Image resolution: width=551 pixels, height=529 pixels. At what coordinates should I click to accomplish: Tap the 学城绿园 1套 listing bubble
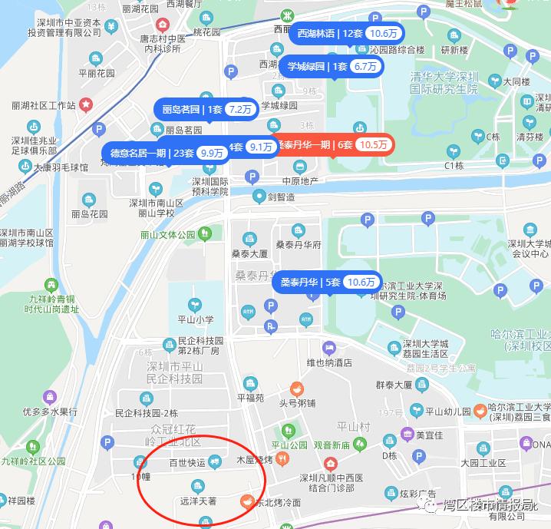tap(332, 67)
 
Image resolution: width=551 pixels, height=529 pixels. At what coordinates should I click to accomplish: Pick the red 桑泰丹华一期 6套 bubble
tap(332, 144)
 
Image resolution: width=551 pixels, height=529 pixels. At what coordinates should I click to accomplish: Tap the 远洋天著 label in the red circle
tap(198, 501)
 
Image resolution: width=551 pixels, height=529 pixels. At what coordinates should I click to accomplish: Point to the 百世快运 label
tap(187, 463)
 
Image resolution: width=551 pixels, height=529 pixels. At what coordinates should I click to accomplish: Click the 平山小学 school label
tap(184, 319)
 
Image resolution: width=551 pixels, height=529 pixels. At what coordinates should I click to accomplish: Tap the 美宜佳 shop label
tap(429, 435)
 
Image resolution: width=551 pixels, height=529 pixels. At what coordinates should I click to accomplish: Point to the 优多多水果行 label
tap(50, 412)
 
